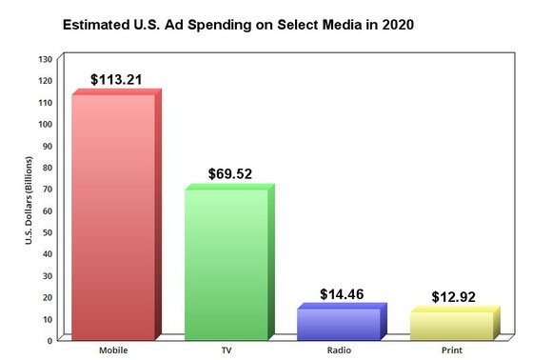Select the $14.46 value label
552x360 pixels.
pyautogui.click(x=343, y=294)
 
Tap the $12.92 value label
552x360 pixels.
pyautogui.click(x=456, y=297)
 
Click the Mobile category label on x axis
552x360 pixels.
pyautogui.click(x=113, y=350)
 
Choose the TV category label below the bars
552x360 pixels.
pyautogui.click(x=226, y=350)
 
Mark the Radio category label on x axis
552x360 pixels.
pyautogui.click(x=338, y=350)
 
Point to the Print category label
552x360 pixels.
pyautogui.click(x=451, y=350)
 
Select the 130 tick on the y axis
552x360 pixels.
pyautogui.click(x=45, y=59)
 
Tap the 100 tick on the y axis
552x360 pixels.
pyautogui.click(x=45, y=124)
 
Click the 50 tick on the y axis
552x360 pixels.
pyautogui.click(x=47, y=231)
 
